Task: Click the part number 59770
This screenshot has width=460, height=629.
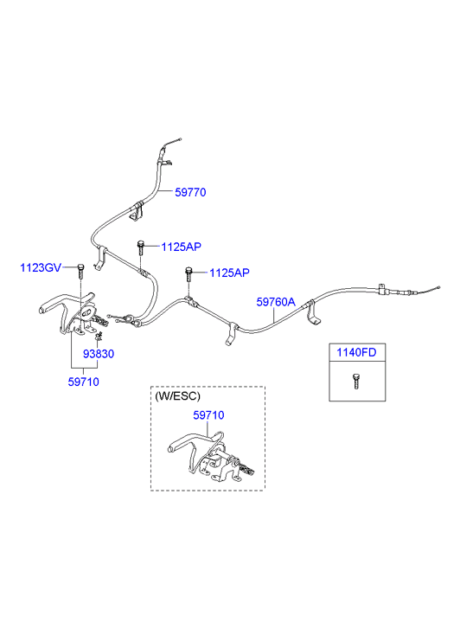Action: coord(190,192)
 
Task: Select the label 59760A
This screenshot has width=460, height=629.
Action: coord(276,302)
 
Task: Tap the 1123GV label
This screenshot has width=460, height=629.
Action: coord(41,267)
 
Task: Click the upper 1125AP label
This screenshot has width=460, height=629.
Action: coord(181,247)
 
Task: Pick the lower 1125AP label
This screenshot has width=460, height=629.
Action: coord(229,273)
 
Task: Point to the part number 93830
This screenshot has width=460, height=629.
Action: coord(99,354)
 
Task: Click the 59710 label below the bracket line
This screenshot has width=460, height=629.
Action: coord(83,382)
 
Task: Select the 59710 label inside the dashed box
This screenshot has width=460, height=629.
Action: coord(208,415)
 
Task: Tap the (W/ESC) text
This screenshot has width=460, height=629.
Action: coord(177,396)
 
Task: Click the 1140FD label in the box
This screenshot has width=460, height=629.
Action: coord(356,352)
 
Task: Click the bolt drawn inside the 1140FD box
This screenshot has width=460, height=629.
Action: coord(355,382)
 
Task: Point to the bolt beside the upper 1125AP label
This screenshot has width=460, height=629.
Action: coord(140,247)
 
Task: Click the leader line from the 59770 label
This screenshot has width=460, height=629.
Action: coord(165,192)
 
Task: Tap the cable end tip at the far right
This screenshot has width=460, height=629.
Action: coord(439,287)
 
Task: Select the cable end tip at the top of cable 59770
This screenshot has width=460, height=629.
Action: coord(181,139)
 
